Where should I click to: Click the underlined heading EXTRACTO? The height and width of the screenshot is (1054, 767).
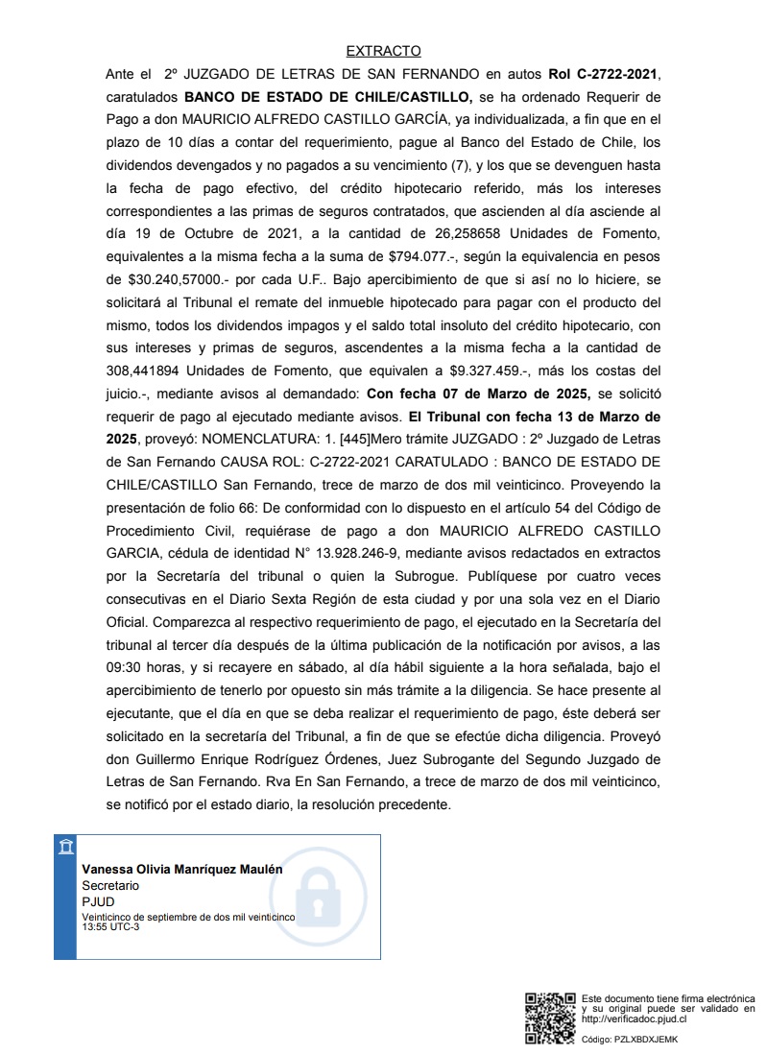click(383, 51)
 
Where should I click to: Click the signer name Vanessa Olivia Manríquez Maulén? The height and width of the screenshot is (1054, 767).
click(182, 869)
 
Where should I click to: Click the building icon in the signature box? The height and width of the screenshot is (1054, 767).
click(65, 846)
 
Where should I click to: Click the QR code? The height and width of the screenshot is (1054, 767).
click(550, 1018)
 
